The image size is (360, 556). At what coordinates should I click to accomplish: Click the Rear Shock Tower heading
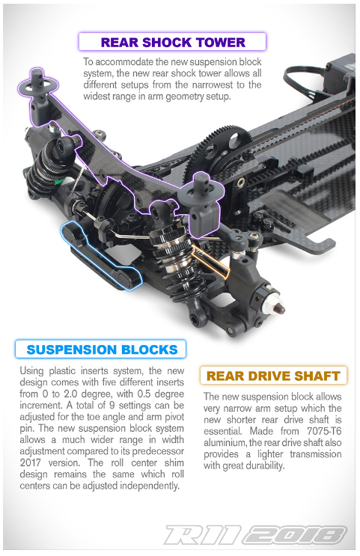point(172,42)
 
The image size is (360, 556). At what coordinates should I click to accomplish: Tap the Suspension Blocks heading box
point(100,349)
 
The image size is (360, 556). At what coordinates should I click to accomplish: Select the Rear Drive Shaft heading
point(273,376)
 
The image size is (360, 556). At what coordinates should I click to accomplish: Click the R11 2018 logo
point(255,535)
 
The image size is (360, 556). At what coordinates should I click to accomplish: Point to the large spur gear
point(220,149)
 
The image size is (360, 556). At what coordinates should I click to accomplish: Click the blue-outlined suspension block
point(101,256)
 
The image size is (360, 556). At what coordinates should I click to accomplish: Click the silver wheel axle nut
point(271,302)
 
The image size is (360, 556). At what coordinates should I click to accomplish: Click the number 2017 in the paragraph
point(31,462)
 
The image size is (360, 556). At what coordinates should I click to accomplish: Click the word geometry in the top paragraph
point(184,97)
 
